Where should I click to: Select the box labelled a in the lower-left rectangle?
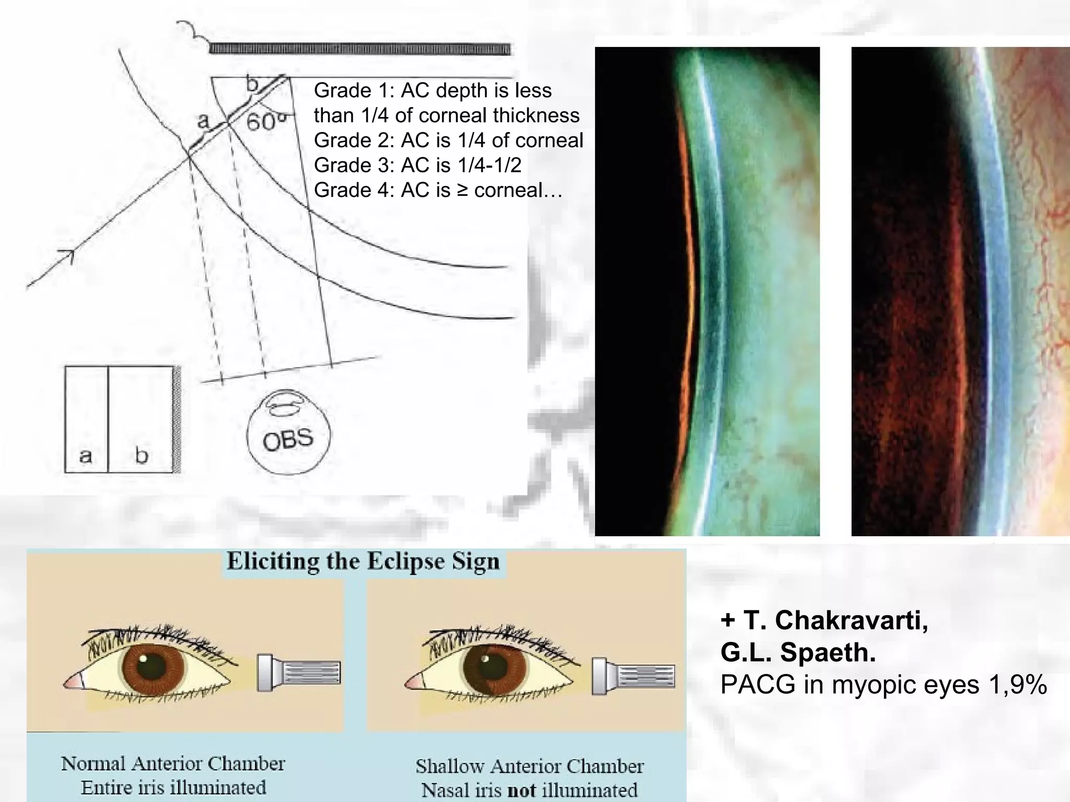(x=86, y=419)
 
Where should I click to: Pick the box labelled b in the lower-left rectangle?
(x=141, y=419)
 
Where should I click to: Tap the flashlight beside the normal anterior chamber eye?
(x=299, y=673)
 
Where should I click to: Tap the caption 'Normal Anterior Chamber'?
(x=173, y=764)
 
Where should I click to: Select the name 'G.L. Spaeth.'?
(x=798, y=653)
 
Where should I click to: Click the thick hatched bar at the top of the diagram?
(x=359, y=50)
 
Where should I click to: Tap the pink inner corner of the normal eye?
(x=74, y=682)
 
